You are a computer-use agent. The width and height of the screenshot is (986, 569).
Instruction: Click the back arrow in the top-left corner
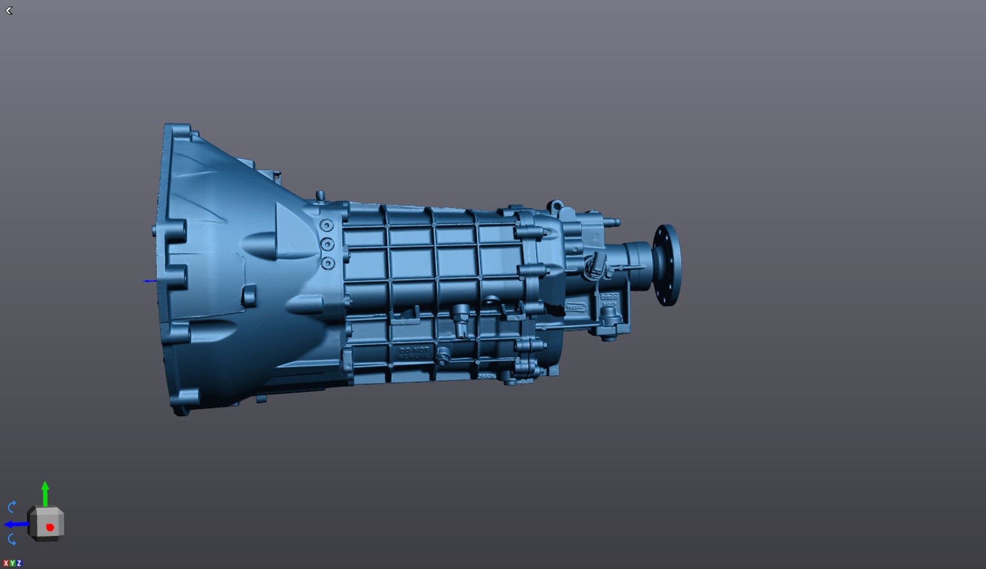9,11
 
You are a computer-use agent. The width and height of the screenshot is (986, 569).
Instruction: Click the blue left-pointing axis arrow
14,524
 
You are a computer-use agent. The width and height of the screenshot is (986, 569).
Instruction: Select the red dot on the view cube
50,527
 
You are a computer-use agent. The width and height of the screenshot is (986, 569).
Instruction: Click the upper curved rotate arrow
12,506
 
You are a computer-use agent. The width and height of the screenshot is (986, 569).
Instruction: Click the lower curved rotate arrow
12,540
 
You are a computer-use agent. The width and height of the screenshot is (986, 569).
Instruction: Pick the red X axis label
6,563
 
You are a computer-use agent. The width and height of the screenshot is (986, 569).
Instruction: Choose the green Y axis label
12,563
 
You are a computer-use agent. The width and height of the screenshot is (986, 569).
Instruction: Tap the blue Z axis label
19,563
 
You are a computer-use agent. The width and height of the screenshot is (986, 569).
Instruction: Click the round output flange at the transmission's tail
667,265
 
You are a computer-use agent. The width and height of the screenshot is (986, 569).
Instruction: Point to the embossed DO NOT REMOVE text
414,353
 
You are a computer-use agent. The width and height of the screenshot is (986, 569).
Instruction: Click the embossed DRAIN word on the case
486,376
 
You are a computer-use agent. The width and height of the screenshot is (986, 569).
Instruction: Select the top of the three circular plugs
327,225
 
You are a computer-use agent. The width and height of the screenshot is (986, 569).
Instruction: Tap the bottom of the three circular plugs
328,263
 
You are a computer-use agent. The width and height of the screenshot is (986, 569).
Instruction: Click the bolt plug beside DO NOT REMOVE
443,356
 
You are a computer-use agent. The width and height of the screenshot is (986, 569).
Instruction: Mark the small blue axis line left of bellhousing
150,281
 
